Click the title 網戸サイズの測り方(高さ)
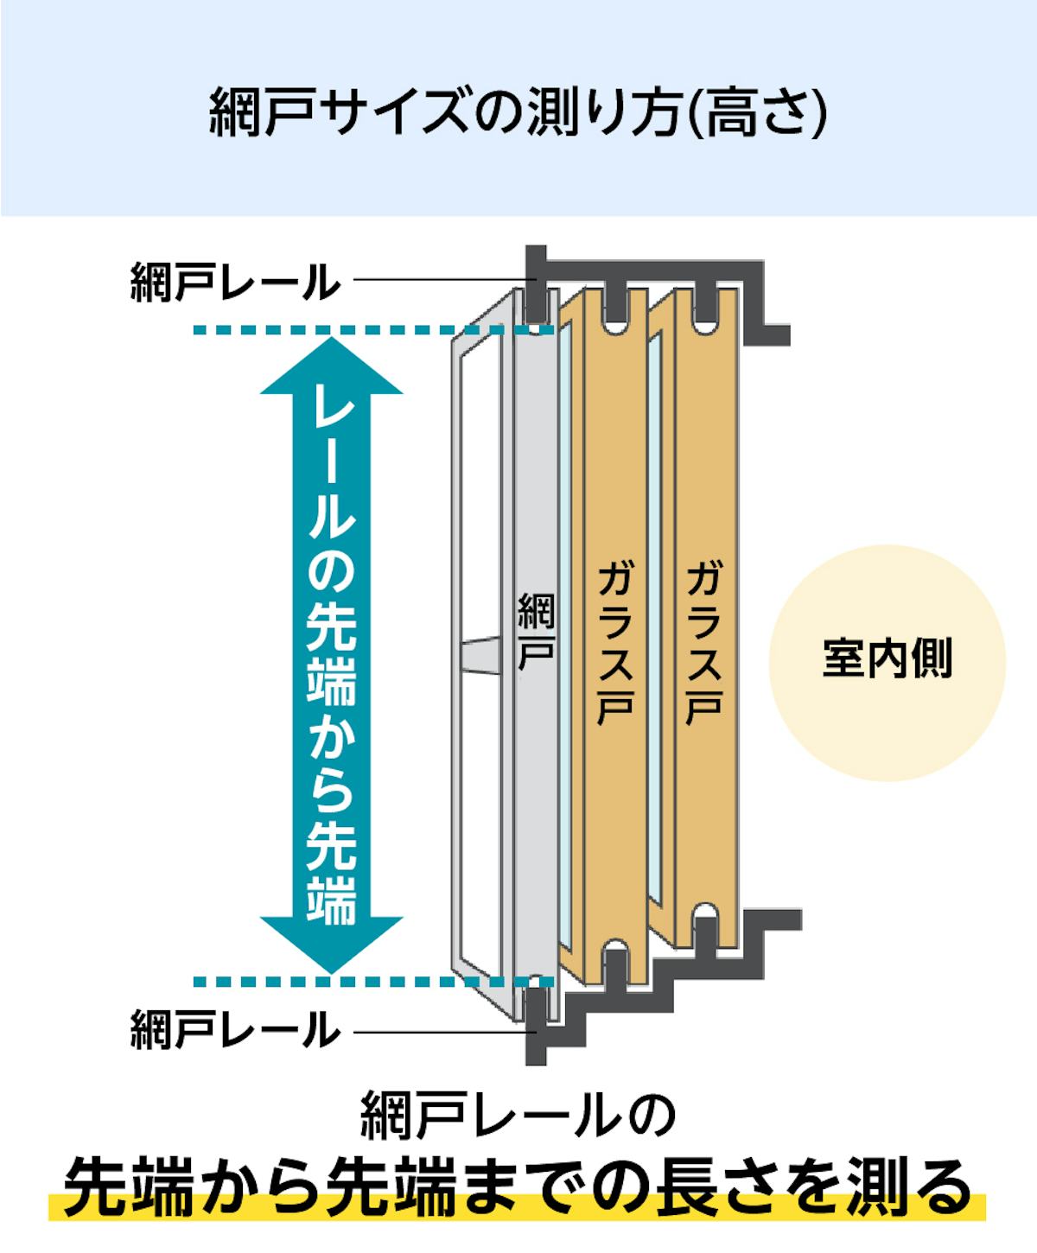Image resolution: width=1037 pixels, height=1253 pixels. pyautogui.click(x=518, y=111)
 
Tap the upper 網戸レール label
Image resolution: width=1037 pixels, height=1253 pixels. pyautogui.click(x=235, y=282)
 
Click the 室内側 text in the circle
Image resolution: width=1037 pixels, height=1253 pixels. pyautogui.click(x=887, y=658)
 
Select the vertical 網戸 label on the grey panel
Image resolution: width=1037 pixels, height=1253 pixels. pyautogui.click(x=536, y=632)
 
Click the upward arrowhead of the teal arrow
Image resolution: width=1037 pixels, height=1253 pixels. pyautogui.click(x=331, y=366)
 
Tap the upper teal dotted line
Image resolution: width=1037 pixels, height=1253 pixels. pyautogui.click(x=373, y=329)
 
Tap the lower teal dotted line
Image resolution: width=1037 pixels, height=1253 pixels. pyautogui.click(x=373, y=983)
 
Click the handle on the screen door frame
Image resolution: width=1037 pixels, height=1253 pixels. pyautogui.click(x=480, y=656)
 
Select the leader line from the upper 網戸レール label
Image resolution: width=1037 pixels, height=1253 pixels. pyautogui.click(x=444, y=280)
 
